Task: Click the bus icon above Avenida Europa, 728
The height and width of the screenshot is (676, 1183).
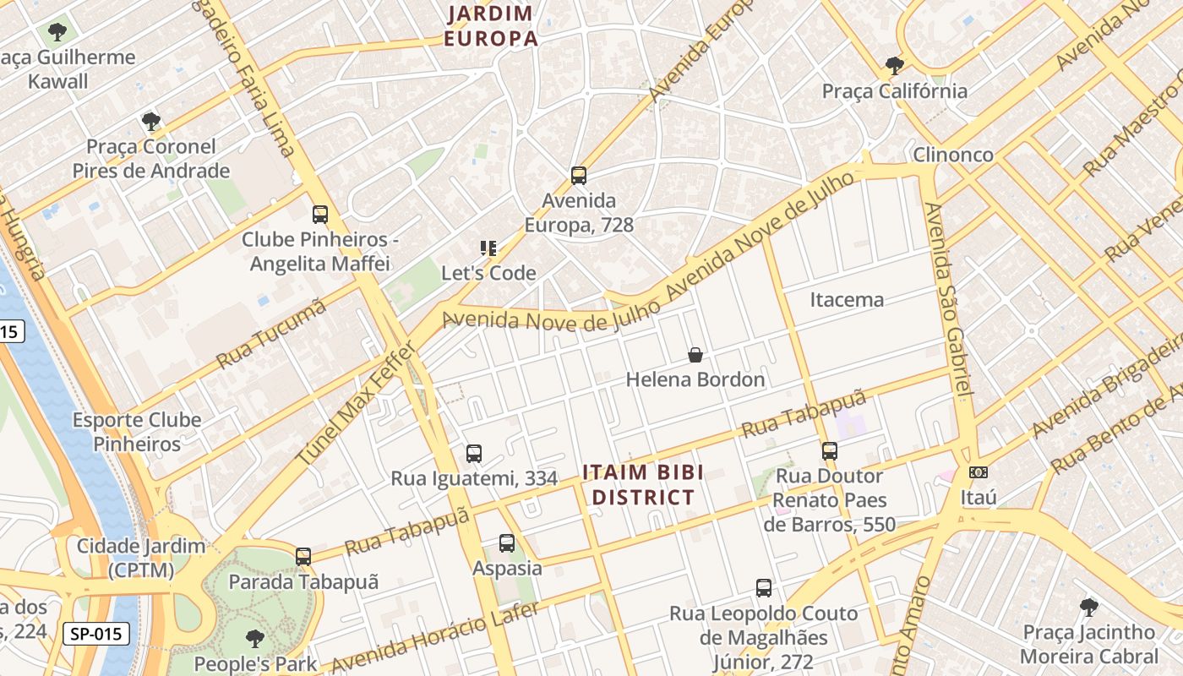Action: pyautogui.click(x=579, y=176)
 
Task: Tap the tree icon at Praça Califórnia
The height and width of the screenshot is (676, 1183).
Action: pyautogui.click(x=894, y=65)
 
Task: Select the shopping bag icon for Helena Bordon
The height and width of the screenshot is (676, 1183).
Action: pyautogui.click(x=695, y=355)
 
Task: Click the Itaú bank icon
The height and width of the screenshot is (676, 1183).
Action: pyautogui.click(x=979, y=472)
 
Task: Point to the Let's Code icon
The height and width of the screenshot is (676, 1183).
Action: pyautogui.click(x=488, y=248)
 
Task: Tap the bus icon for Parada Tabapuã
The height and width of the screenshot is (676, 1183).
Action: pyautogui.click(x=303, y=557)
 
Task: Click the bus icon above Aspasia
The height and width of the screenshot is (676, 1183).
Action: pyautogui.click(x=507, y=543)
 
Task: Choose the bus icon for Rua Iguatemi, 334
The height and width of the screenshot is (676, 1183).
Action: pyautogui.click(x=474, y=454)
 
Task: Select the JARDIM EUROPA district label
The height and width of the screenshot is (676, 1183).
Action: pyautogui.click(x=491, y=26)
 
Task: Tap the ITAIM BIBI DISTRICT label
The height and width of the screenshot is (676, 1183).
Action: pyautogui.click(x=642, y=484)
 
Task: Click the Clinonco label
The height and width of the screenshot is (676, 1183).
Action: pyautogui.click(x=952, y=155)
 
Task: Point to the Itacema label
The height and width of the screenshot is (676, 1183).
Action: pyautogui.click(x=847, y=299)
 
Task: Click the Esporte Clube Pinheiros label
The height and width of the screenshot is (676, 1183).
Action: pyautogui.click(x=137, y=432)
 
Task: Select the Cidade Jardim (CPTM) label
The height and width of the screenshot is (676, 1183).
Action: pyautogui.click(x=141, y=558)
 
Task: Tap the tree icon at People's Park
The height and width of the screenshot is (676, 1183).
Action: pyautogui.click(x=254, y=638)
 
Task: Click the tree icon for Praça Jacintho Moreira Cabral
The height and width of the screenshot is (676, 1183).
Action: pyautogui.click(x=1089, y=607)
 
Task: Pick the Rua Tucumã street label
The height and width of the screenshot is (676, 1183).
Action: pyautogui.click(x=271, y=335)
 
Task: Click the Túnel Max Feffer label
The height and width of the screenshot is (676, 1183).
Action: pyautogui.click(x=357, y=403)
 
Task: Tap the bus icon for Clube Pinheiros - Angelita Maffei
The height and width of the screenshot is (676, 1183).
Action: pyautogui.click(x=320, y=215)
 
